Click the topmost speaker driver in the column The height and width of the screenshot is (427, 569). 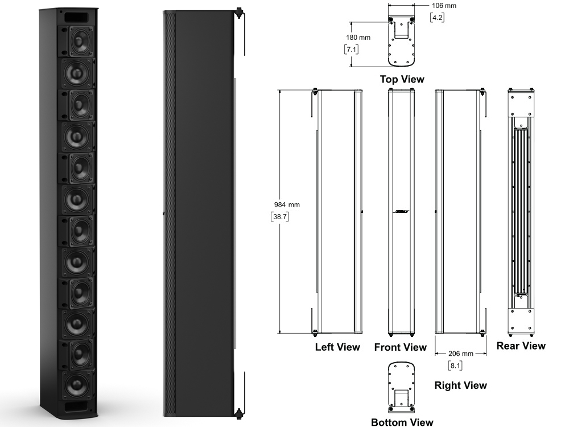click(79, 42)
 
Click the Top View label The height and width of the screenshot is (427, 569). click(402, 80)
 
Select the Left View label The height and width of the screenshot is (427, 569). click(337, 347)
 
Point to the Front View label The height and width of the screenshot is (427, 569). click(400, 347)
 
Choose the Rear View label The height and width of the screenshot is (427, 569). click(521, 346)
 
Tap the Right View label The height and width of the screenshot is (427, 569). click(460, 385)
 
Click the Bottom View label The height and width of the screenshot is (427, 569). click(402, 422)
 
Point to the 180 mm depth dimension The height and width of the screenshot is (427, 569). click(358, 38)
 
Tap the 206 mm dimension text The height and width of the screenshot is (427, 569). click(461, 354)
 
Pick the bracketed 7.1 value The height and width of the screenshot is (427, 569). click(352, 50)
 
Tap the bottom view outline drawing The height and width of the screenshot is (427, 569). click(402, 388)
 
